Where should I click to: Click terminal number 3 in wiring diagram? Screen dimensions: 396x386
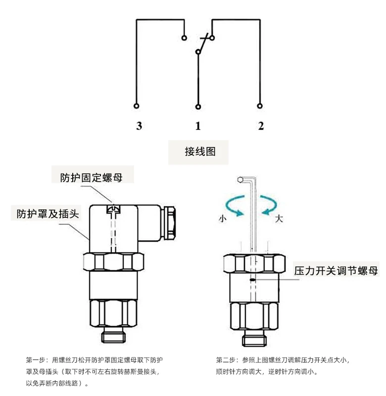(x=139, y=126)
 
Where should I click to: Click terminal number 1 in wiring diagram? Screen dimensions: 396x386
(x=198, y=126)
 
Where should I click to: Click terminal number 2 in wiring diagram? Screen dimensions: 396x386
(x=261, y=126)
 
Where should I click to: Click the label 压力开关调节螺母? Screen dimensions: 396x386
(x=336, y=271)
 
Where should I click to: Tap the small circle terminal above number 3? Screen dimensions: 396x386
(x=137, y=106)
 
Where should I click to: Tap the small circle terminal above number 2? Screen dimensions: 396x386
(x=260, y=106)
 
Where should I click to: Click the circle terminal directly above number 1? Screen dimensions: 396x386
(x=198, y=106)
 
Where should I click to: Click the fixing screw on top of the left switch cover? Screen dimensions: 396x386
(x=114, y=210)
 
